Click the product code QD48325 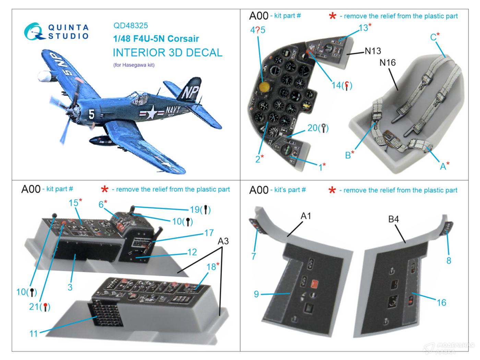131,25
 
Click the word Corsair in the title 183,39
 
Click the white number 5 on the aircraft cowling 92,114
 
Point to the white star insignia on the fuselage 151,112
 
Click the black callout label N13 373,51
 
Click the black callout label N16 387,62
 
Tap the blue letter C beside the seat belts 434,37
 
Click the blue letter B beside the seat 348,155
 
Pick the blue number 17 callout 209,233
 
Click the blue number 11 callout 33,333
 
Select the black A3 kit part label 223,241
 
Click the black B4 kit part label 393,219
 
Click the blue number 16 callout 441,302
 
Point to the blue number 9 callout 256,294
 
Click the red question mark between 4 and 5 257,30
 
